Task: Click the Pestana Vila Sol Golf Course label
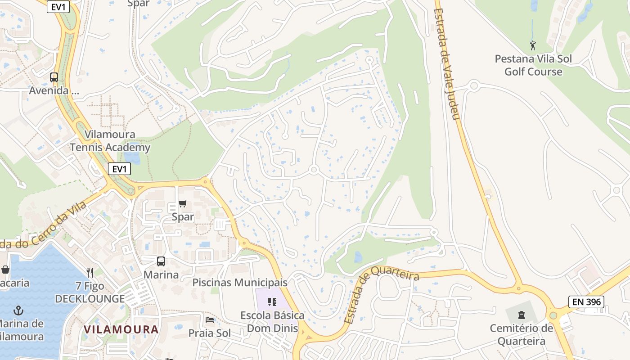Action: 533,65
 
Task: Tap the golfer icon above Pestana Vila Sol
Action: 533,45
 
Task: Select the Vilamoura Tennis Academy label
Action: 110,141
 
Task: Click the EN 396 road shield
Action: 586,301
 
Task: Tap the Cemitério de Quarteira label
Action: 522,334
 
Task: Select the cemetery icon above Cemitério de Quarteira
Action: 522,315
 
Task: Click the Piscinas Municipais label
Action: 240,283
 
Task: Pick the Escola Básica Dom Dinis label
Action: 272,322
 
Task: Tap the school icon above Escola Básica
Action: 272,301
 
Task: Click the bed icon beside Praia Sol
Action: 210,320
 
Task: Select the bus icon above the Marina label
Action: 161,261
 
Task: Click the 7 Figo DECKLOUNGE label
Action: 90,292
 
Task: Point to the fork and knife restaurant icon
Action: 90,272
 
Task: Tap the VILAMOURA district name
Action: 121,329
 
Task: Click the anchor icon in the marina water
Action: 18,310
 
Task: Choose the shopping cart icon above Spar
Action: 182,204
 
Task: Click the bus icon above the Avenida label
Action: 54,77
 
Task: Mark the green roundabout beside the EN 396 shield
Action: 553,315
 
